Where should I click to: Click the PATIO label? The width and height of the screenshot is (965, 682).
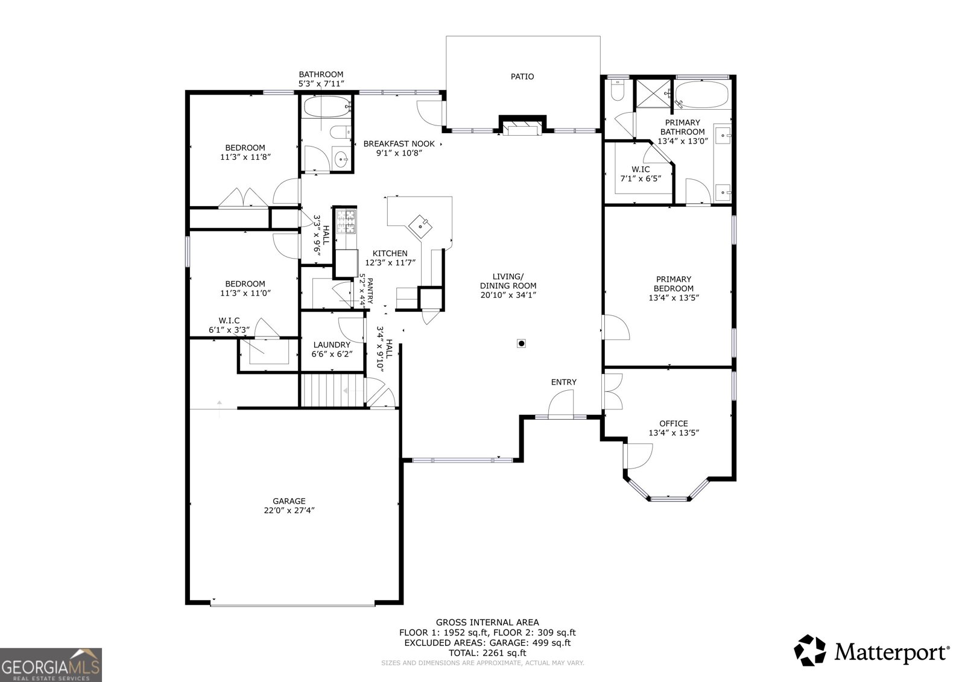[522, 77]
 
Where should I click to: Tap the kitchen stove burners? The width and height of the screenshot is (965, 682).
[346, 222]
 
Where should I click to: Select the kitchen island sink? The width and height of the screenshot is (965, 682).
[420, 226]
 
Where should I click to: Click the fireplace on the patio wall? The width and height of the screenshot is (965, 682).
[522, 128]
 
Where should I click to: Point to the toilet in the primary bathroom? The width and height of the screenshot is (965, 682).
[618, 90]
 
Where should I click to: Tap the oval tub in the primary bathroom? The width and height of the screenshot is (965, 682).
[702, 94]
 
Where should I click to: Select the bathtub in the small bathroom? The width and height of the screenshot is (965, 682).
[326, 106]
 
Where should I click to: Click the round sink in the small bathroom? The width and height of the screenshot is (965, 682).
[342, 160]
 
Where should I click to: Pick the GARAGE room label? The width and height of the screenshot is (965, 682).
[289, 501]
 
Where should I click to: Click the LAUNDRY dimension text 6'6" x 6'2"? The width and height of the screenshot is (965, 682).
[332, 354]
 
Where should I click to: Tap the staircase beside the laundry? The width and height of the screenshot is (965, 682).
[332, 390]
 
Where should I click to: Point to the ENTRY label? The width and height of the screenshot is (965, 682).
[563, 382]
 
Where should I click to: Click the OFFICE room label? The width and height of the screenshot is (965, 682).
[673, 423]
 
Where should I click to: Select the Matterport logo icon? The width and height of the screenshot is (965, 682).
[810, 650]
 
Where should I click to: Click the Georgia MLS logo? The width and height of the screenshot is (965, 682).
[51, 665]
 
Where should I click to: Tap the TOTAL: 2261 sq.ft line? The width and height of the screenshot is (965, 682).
[487, 652]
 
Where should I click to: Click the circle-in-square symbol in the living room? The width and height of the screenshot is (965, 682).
[521, 343]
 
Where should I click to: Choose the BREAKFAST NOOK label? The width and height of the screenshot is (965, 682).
[399, 144]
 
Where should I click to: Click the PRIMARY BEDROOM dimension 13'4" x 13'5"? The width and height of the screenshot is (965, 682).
[673, 298]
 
